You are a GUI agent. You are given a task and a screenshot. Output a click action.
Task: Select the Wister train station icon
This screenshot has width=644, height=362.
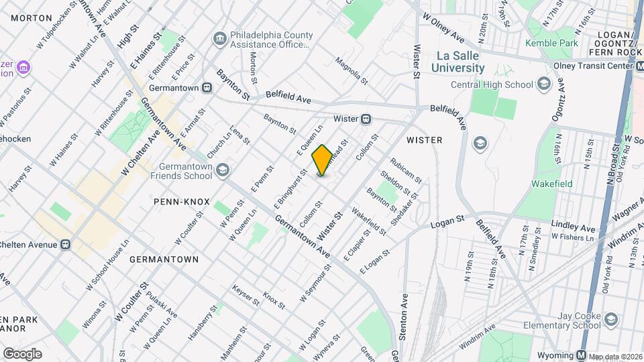coord(366,119)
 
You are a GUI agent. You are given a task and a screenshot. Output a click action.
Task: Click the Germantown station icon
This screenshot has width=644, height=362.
coord(208,87)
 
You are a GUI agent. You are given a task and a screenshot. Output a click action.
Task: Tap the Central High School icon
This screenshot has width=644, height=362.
coord(543,84)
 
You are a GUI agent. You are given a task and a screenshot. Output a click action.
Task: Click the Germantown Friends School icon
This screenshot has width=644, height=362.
coord(223,171)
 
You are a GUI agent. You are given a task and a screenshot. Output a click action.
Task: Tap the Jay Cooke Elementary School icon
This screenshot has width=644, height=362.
coord(610,320)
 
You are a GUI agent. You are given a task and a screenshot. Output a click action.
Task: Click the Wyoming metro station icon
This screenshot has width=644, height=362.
coord(582,355)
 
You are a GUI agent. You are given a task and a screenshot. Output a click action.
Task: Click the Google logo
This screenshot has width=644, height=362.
coord(21,353)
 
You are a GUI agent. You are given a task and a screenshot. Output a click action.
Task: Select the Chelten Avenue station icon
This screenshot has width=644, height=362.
coord(65,245)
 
